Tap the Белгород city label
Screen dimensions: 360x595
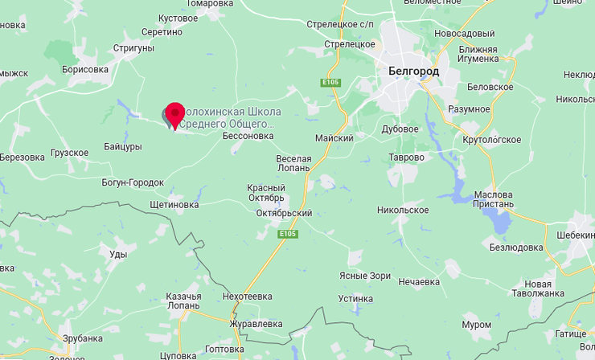(413, 72)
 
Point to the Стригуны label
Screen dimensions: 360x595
(133, 48)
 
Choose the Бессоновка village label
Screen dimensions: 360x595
(248, 136)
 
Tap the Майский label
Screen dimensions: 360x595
(335, 138)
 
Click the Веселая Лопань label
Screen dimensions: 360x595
(293, 163)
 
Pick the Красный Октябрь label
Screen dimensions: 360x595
(266, 193)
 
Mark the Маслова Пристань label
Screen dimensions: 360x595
(493, 200)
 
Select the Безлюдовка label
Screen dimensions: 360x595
(516, 247)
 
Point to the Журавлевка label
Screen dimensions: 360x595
(256, 324)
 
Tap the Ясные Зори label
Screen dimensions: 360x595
(365, 276)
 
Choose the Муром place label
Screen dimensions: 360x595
(477, 325)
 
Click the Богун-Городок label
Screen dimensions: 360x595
(133, 182)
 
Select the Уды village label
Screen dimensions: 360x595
(118, 254)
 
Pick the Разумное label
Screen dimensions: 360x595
(470, 109)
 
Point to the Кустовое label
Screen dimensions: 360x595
(178, 18)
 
